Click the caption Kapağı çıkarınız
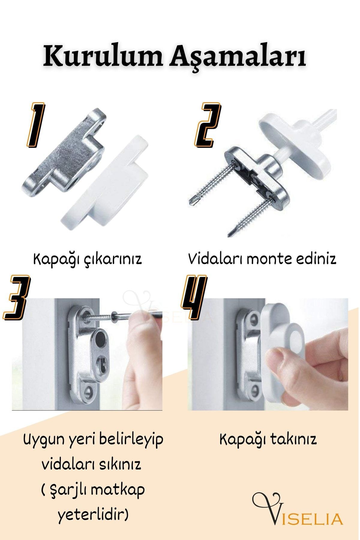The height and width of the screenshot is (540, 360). click(87, 259)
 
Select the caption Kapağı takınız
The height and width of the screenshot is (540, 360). click(268, 440)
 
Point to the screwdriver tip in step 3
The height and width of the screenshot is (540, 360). click(113, 316)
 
